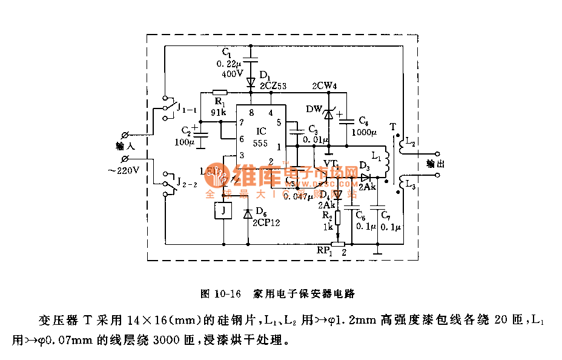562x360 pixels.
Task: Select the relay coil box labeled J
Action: coord(223,210)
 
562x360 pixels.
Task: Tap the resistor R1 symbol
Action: coord(219,93)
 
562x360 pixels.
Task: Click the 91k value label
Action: coord(219,112)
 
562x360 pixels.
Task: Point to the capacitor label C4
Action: coord(363,121)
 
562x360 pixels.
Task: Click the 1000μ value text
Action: coord(363,132)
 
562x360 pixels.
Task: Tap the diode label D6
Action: coord(261,211)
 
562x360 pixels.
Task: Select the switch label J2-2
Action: coord(187,182)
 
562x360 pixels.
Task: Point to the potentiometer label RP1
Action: coord(325,250)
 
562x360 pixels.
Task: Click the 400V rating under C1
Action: coord(233,73)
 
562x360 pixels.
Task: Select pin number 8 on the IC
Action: coord(251,112)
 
